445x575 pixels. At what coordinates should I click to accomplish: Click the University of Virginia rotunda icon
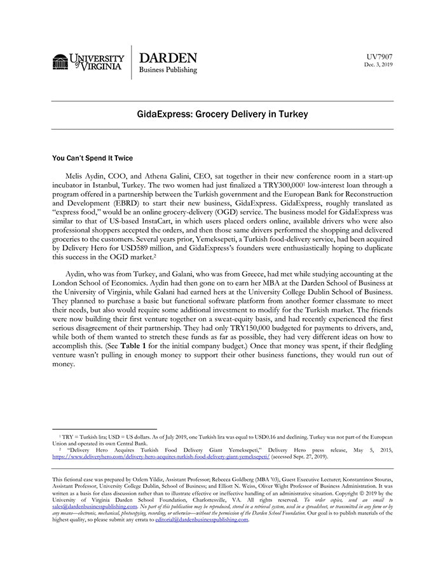click(60, 62)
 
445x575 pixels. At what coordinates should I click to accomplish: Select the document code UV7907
click(380, 56)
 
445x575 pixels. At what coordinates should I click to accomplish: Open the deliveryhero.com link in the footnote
click(161, 456)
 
